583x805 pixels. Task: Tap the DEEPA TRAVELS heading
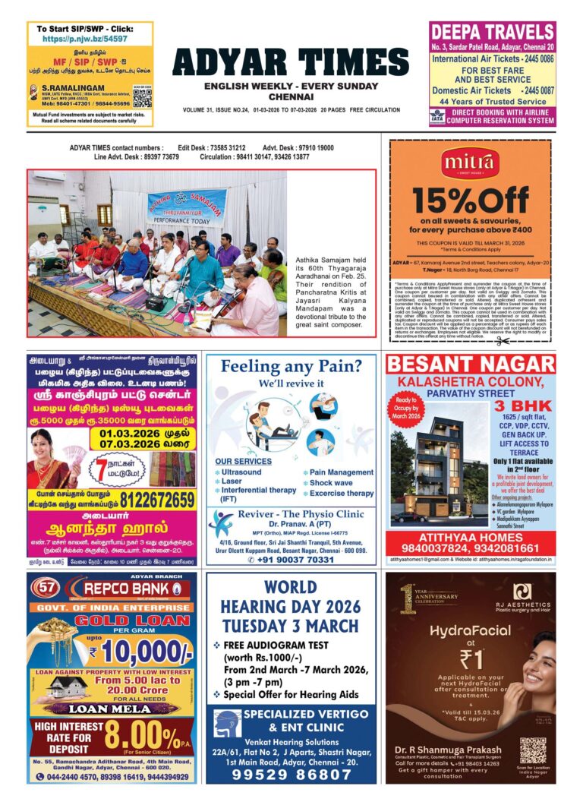click(492, 33)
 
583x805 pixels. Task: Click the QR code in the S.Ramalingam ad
click(142, 96)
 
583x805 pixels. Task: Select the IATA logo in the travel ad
click(438, 115)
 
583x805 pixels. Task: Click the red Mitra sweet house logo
click(469, 161)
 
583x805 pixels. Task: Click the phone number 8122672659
click(151, 500)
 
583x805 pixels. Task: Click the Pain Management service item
click(341, 472)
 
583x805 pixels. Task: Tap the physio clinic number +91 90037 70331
click(291, 560)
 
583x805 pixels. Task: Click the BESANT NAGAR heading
click(471, 364)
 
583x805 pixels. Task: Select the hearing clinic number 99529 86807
click(291, 775)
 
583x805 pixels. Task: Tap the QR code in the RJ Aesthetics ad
click(533, 751)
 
